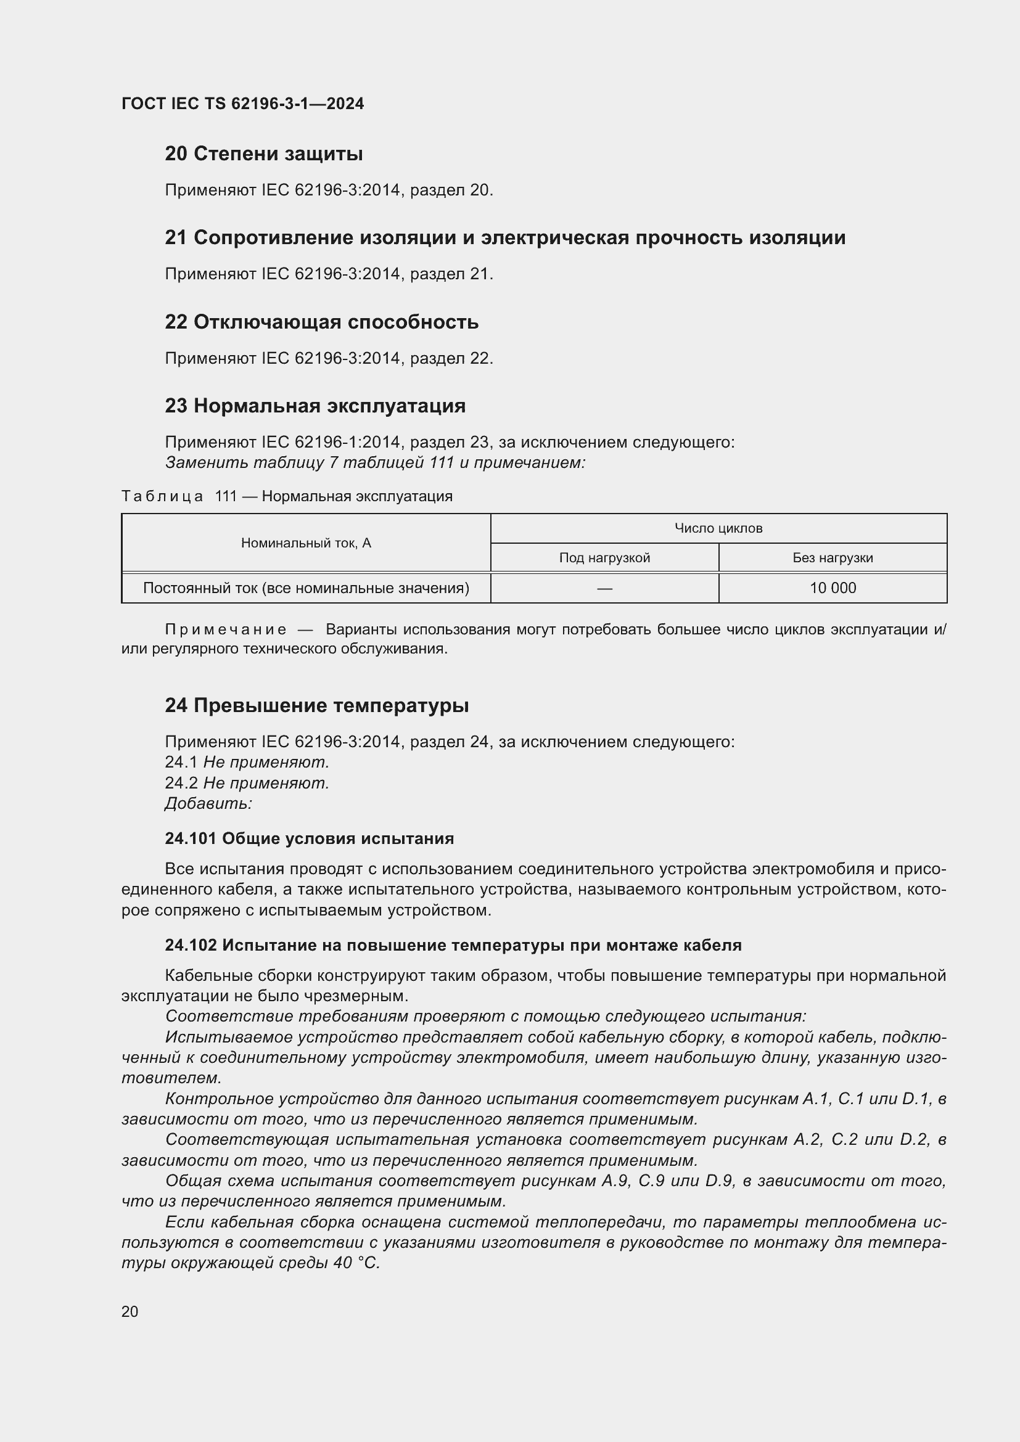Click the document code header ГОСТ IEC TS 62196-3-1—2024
242,104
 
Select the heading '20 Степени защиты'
264,154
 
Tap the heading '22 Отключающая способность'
321,322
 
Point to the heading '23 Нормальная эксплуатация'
315,406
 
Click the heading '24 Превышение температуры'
316,705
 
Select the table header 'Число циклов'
718,528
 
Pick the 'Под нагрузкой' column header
604,558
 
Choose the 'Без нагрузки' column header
832,558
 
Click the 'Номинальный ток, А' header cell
306,543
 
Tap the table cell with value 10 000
832,588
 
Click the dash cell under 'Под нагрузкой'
604,588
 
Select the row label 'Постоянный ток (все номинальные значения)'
306,588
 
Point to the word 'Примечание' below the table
226,629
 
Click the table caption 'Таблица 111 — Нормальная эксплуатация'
287,496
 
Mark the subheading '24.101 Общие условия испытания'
309,838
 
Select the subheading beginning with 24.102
453,945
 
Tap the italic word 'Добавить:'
208,803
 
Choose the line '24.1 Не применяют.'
247,762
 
